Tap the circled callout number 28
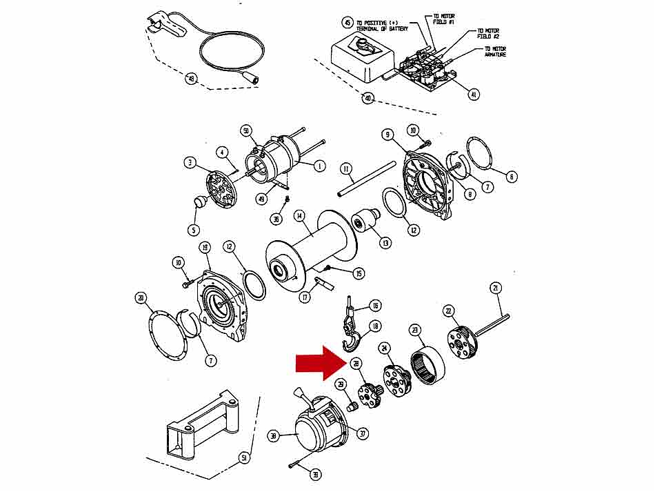356,364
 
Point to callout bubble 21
495,288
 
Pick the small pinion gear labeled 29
350,405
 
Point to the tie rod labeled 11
366,181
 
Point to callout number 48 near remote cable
191,79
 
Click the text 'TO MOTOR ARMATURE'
495,52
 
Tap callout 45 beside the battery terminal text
347,23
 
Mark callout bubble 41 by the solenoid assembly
473,94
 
